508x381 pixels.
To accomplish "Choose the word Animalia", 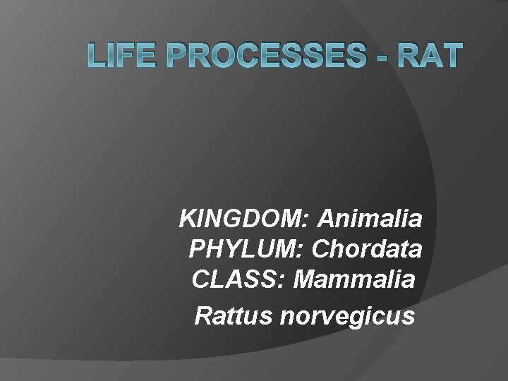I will tap(371, 219).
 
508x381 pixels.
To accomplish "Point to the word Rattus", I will tap(234, 315).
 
